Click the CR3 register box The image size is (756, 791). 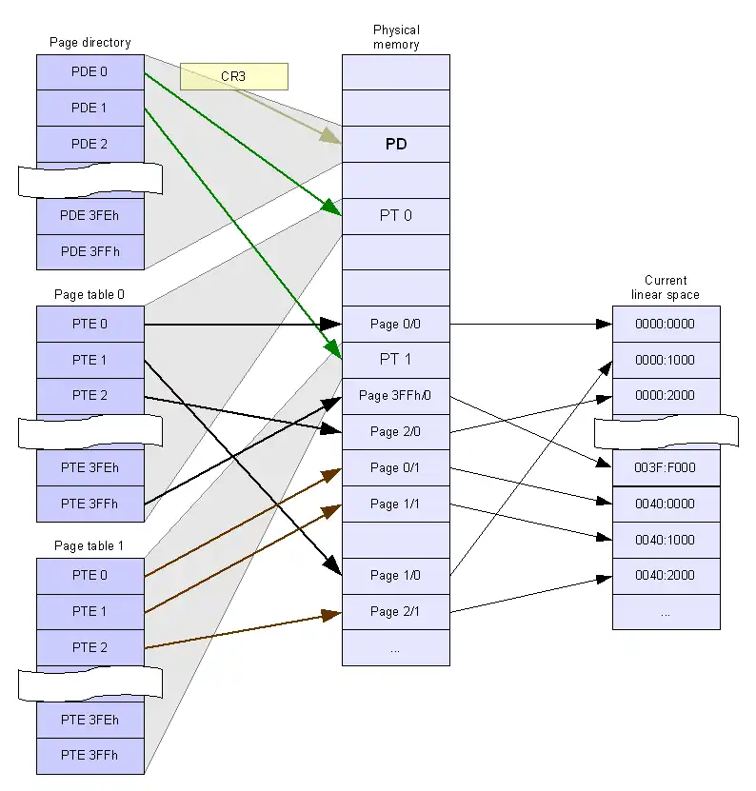(233, 76)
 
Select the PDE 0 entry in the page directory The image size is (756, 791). (90, 72)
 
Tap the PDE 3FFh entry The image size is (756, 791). (90, 251)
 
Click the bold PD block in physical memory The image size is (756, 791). (396, 145)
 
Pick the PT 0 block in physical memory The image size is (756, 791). (396, 216)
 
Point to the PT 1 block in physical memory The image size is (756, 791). (396, 360)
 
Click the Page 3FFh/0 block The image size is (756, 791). (396, 395)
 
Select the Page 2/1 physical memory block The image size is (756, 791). (396, 611)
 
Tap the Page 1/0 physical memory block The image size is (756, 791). (396, 575)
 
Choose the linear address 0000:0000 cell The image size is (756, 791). (666, 324)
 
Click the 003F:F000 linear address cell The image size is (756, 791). (666, 468)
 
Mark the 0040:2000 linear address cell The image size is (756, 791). (666, 575)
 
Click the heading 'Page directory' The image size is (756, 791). (90, 43)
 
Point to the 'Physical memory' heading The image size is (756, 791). (396, 37)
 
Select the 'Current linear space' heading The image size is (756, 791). (666, 287)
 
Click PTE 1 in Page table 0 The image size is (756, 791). (90, 360)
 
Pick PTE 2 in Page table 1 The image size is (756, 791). (90, 647)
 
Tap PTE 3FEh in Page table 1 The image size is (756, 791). (90, 720)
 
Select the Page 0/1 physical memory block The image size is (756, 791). (396, 467)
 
